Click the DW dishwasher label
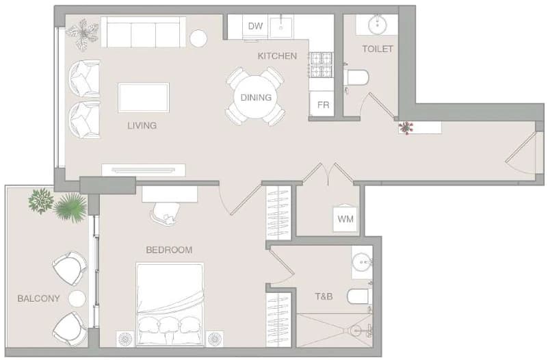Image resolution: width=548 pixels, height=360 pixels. [255, 26]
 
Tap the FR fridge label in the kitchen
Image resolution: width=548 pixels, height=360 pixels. [323, 105]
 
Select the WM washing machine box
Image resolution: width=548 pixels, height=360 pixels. [345, 219]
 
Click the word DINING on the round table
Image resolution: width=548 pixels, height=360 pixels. [256, 97]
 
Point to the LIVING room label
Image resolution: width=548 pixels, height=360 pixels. [142, 125]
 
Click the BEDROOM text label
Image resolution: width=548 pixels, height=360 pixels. [169, 250]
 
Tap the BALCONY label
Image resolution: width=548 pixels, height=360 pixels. [38, 298]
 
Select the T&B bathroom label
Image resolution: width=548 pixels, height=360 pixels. [324, 296]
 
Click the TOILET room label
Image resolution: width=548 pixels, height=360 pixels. [378, 49]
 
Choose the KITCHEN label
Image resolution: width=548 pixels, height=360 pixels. [277, 56]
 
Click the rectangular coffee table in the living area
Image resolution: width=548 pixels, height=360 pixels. [144, 97]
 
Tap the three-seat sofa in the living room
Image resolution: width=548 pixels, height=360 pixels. [143, 32]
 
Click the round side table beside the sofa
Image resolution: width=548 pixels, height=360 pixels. [198, 38]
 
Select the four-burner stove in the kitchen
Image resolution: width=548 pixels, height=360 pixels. [321, 65]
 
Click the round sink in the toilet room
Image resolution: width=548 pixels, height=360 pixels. [377, 25]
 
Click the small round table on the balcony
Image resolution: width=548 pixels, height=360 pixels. [77, 299]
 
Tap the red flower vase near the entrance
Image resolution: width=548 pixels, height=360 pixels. [406, 127]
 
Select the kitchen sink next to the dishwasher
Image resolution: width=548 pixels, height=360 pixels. [281, 26]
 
